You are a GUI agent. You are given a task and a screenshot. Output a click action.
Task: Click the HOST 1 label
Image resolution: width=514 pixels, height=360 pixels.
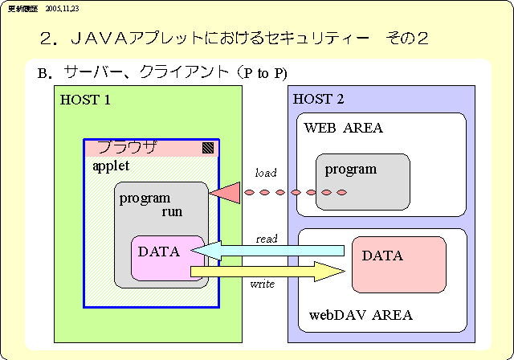coord(85,100)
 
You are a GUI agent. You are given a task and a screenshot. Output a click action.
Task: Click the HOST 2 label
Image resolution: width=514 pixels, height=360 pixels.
coord(319,100)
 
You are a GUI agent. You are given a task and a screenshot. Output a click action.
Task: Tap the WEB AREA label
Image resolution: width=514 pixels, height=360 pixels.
coord(343,128)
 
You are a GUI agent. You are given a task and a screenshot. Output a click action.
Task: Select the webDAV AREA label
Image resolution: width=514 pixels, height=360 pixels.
coord(361,315)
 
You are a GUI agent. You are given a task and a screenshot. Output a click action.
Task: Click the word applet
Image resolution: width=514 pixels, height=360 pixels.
coord(111,165)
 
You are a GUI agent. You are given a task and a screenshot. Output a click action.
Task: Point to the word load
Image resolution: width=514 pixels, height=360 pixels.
coord(266,173)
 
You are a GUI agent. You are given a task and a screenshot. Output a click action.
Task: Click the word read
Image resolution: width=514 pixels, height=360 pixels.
coord(267,239)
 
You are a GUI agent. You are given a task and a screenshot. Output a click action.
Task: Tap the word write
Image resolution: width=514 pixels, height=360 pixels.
coord(262,284)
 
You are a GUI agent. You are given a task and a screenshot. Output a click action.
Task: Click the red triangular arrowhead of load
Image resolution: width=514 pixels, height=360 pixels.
coord(226,193)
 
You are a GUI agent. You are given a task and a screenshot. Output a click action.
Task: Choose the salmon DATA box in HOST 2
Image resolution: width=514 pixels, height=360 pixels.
coord(398,264)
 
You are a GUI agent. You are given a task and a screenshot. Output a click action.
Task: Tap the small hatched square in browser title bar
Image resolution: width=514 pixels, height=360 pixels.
coord(208,148)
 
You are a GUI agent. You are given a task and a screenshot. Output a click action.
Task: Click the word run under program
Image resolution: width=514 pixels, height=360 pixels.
coord(173,212)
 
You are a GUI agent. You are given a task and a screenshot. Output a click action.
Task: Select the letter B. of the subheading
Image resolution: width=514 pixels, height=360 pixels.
coord(45,74)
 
